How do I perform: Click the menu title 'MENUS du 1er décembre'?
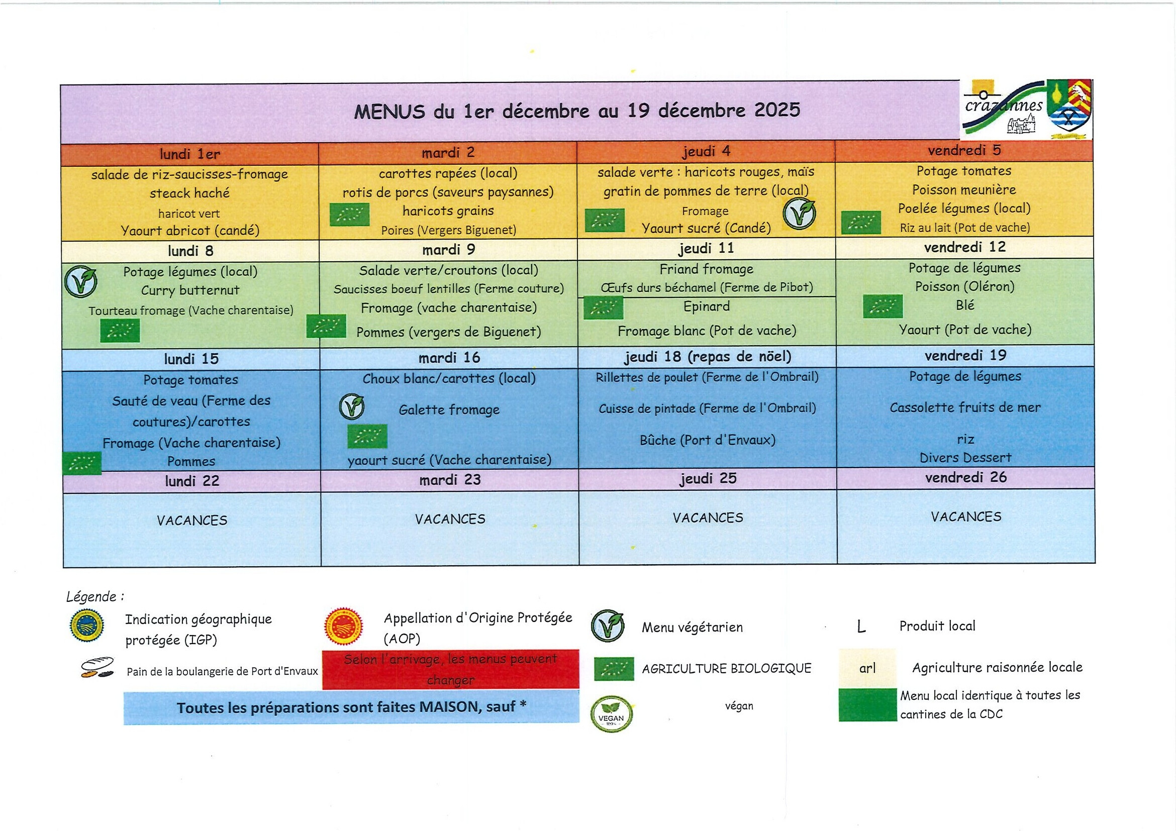click(577, 111)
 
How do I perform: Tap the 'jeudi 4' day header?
click(706, 152)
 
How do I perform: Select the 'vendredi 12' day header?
click(964, 247)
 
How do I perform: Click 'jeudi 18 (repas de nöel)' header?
click(707, 356)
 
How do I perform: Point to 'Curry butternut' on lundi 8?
click(190, 290)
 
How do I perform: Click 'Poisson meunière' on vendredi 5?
click(963, 190)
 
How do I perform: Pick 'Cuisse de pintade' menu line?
click(707, 408)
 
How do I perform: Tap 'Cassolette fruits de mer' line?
click(965, 407)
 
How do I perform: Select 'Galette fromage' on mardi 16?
click(449, 409)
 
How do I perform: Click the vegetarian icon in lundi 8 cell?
click(81, 282)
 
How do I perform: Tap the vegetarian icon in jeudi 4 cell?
click(800, 214)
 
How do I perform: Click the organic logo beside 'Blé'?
click(882, 306)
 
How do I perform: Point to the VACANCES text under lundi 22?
click(191, 521)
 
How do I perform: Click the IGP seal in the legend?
click(87, 625)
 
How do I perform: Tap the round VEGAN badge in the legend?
click(611, 714)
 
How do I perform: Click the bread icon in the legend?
click(98, 668)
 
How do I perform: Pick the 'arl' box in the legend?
click(867, 668)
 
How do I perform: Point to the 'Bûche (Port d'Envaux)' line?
click(707, 440)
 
